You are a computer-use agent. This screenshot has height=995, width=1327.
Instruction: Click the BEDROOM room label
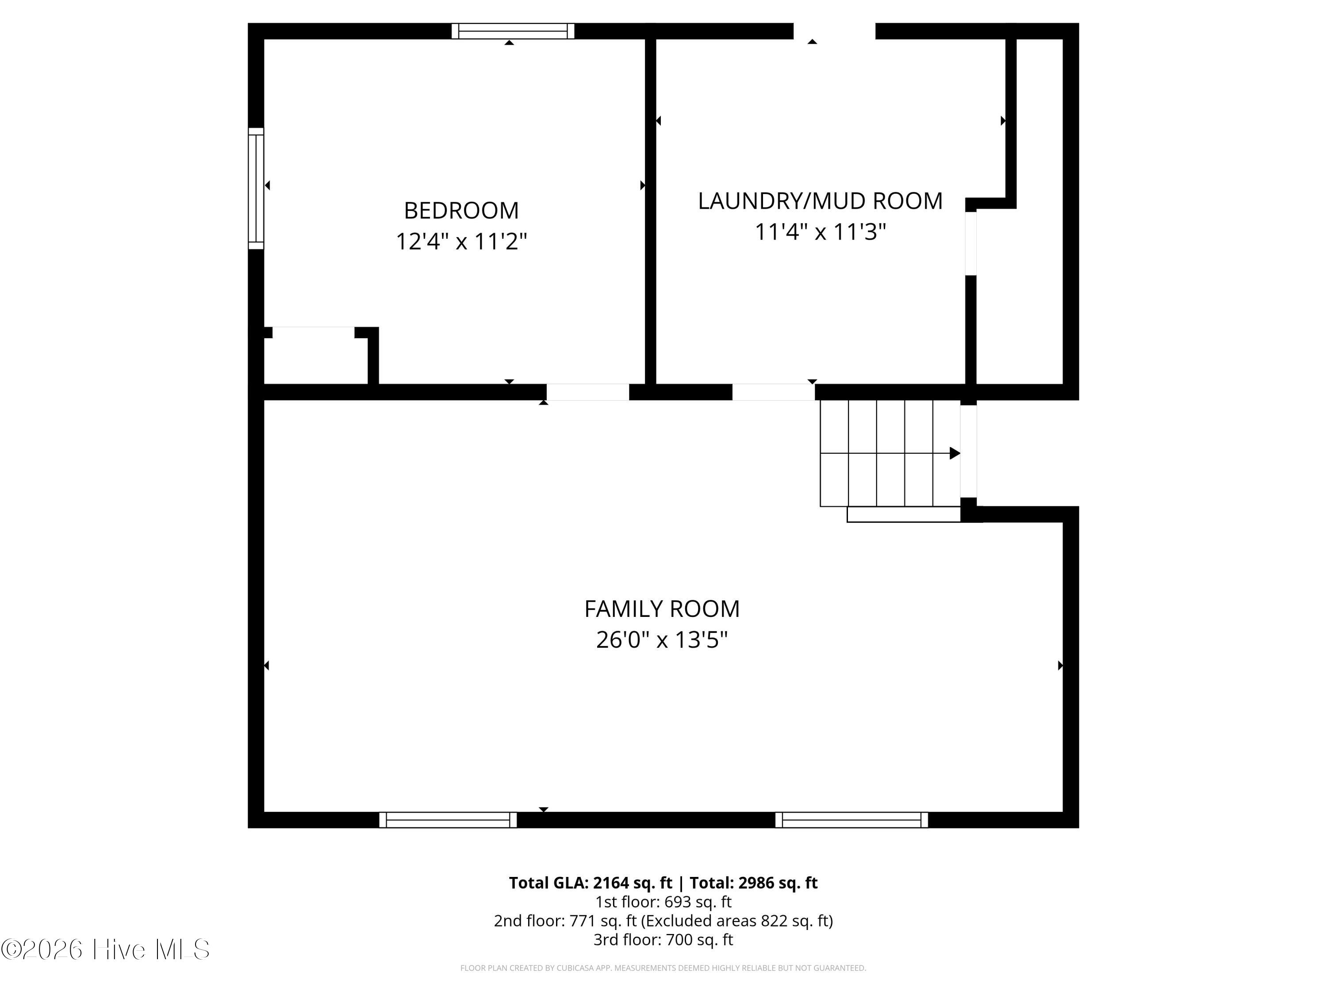461,210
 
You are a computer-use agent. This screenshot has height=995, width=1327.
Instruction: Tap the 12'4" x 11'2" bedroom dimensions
461,242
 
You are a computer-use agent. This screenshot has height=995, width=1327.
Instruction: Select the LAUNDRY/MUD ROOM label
820,201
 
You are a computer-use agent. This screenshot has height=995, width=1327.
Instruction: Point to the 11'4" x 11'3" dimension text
820,232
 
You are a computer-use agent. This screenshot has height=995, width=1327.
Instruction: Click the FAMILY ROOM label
662,609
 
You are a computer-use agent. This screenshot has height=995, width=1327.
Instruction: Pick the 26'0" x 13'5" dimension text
662,640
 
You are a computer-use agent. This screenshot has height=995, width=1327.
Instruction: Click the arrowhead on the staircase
955,453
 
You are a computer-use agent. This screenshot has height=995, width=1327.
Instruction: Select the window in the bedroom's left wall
256,188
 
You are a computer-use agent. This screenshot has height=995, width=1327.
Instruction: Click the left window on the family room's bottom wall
448,820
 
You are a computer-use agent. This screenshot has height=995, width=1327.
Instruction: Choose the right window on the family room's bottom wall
851,820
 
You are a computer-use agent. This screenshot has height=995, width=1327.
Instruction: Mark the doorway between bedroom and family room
587,392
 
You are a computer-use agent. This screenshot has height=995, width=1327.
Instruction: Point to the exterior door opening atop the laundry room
835,31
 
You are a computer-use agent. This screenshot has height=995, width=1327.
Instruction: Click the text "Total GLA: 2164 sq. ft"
591,883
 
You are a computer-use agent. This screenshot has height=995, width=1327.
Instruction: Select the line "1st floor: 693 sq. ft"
663,902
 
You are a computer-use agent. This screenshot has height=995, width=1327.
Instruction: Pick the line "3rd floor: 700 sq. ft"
663,940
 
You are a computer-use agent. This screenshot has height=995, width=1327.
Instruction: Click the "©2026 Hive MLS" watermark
106,949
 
